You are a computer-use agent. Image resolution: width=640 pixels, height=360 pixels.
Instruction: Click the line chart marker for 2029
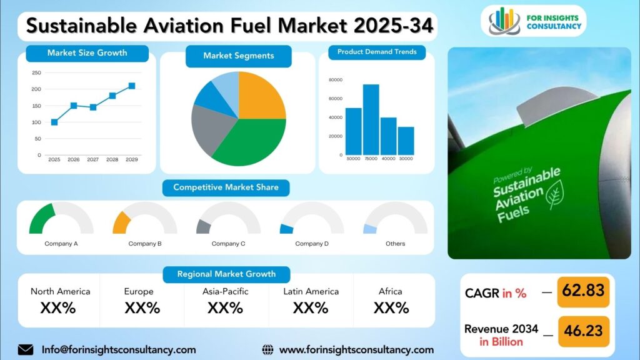pos(132,86)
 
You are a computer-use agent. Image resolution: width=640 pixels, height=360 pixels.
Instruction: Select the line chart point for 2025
pos(54,122)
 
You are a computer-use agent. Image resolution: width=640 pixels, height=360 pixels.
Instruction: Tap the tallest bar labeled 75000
pos(371,119)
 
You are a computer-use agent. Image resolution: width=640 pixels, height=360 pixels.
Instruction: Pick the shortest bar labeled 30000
pos(406,141)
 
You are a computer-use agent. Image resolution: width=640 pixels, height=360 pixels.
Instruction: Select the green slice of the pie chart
pos(250,142)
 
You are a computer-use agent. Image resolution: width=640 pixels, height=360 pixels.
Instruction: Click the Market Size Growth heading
pos(87,53)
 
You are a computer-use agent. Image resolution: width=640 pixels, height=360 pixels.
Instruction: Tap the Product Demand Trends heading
pos(377,52)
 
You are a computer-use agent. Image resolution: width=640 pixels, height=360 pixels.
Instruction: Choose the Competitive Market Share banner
pos(226,187)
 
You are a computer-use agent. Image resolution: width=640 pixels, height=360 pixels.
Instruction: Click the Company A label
pos(61,244)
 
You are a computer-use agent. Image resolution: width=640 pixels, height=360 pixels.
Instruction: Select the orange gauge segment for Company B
pos(121,222)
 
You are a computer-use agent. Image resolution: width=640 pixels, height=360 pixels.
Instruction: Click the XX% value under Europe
pos(142,308)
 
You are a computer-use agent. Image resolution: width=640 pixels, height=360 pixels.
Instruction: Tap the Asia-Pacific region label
pos(226,292)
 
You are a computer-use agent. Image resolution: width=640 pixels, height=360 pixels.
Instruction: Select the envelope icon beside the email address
pos(26,350)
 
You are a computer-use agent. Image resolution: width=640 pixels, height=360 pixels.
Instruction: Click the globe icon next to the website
pos(268,350)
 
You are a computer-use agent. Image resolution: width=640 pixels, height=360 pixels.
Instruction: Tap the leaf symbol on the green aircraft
pos(554,194)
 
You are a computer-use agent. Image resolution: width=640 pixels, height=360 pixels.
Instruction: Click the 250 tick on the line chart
pos(36,73)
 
